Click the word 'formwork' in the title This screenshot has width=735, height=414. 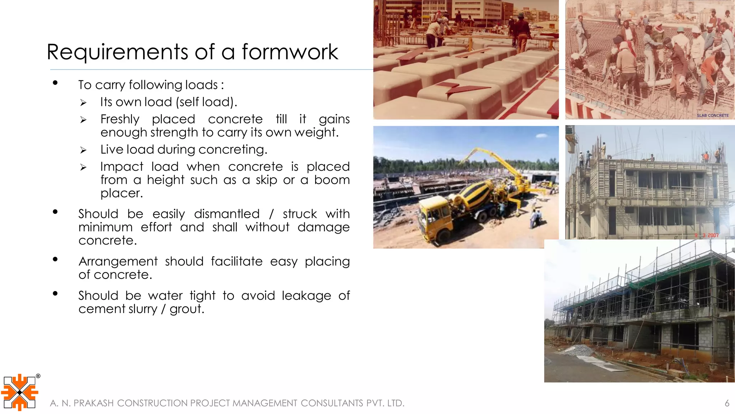click(x=290, y=52)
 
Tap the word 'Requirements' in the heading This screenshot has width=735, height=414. click(x=117, y=52)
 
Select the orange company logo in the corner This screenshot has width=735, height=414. click(x=19, y=392)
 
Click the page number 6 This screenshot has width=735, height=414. click(x=727, y=403)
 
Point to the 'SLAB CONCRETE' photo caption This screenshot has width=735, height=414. click(x=712, y=115)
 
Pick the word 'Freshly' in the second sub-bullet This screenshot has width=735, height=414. click(x=120, y=119)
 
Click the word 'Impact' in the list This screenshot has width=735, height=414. click(x=122, y=167)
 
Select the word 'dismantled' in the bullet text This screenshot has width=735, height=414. click(x=227, y=214)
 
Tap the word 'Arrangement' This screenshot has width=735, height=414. click(x=118, y=261)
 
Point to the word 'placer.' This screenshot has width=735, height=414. click(x=122, y=193)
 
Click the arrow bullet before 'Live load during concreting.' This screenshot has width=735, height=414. click(x=83, y=150)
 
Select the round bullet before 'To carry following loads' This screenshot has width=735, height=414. click(x=55, y=83)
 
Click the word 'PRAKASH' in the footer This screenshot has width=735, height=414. click(x=93, y=403)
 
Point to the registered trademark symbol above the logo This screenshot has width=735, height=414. click(x=38, y=376)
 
